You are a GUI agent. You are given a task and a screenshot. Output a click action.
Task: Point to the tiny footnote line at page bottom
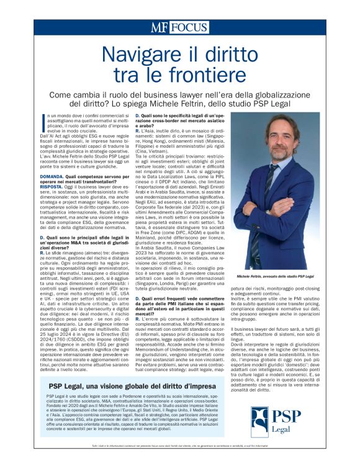180,454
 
